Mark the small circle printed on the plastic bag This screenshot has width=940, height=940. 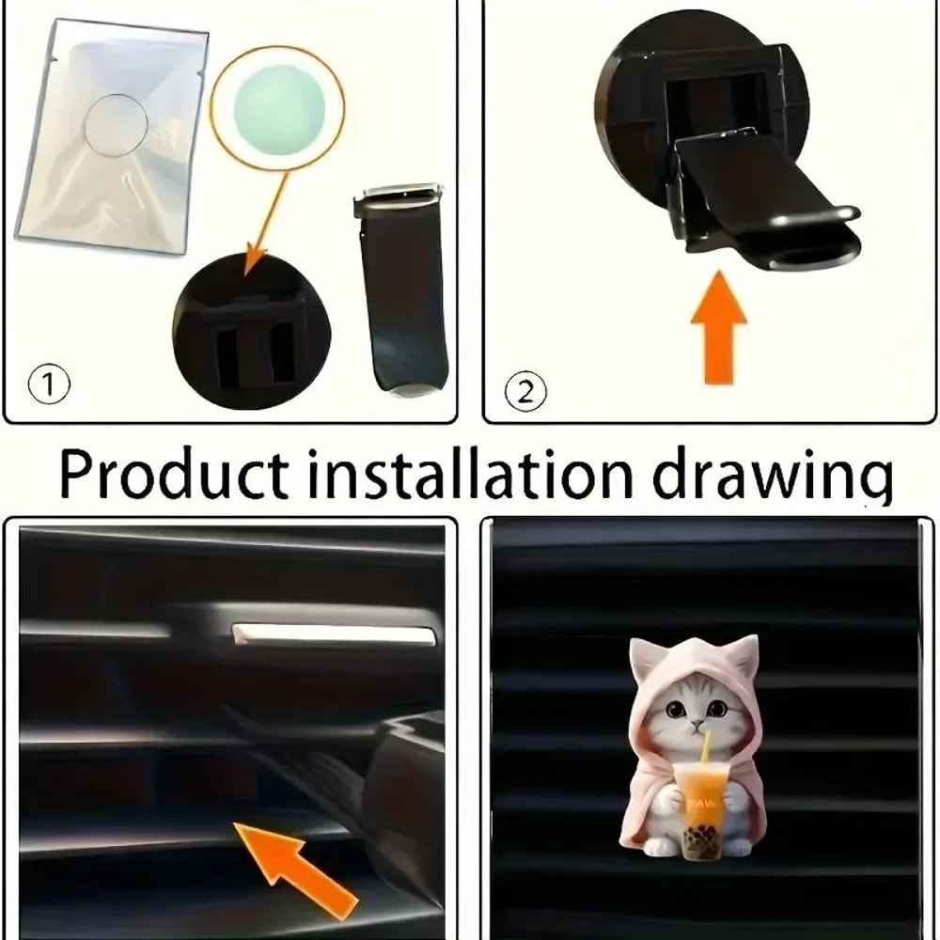point(117,126)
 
